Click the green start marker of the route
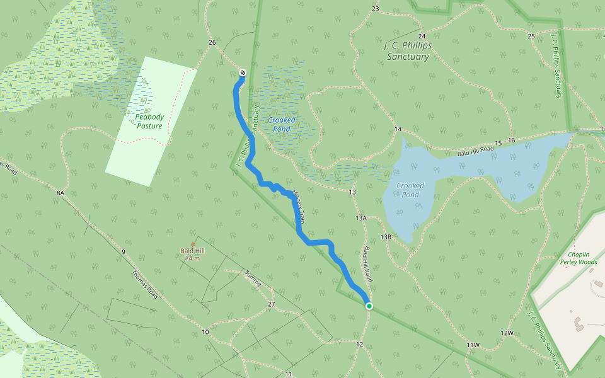coord(369,306)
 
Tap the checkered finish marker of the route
coord(242,73)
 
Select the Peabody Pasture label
coord(149,121)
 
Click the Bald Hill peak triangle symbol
coord(193,244)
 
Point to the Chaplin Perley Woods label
coord(578,258)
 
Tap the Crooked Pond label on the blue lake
coord(411,190)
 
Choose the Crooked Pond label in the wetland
coord(281,124)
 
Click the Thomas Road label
coord(144,283)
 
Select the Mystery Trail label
coord(297,207)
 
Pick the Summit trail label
coord(252,278)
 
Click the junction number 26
coord(212,43)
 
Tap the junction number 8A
coord(60,192)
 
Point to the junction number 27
coord(272,304)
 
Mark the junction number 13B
coord(386,237)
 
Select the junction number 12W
coord(507,333)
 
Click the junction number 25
coord(531,36)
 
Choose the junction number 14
coord(398,129)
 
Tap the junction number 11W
coord(473,345)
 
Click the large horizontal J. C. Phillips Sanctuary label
coord(406,51)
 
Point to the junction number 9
coord(124,252)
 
